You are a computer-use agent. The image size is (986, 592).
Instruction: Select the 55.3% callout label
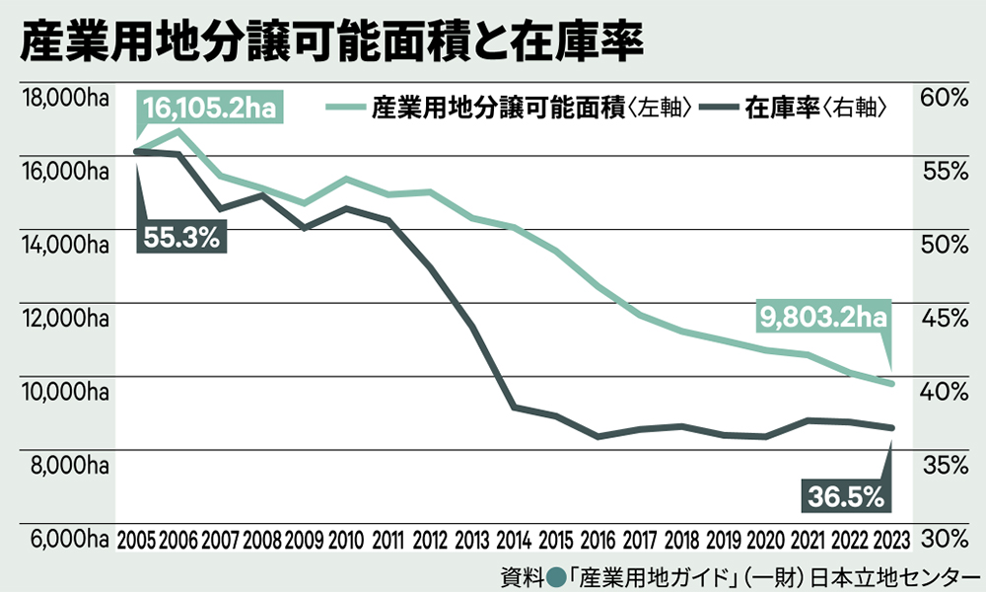pyautogui.click(x=180, y=237)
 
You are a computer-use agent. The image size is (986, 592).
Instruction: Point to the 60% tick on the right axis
pyautogui.click(x=944, y=99)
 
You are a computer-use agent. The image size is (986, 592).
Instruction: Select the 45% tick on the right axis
pyautogui.click(x=944, y=319)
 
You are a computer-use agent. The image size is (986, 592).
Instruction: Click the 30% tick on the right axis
pyautogui.click(x=944, y=540)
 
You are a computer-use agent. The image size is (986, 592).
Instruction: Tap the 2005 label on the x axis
pyautogui.click(x=136, y=540)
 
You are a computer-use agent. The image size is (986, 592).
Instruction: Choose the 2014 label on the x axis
pyautogui.click(x=513, y=540)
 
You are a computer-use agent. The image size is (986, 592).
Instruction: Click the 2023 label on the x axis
pyautogui.click(x=890, y=540)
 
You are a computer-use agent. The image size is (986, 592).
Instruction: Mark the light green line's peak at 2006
pyautogui.click(x=177, y=130)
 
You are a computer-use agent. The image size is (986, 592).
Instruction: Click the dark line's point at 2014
pyautogui.click(x=513, y=407)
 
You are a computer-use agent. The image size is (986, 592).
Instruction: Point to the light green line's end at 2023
pyautogui.click(x=890, y=384)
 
